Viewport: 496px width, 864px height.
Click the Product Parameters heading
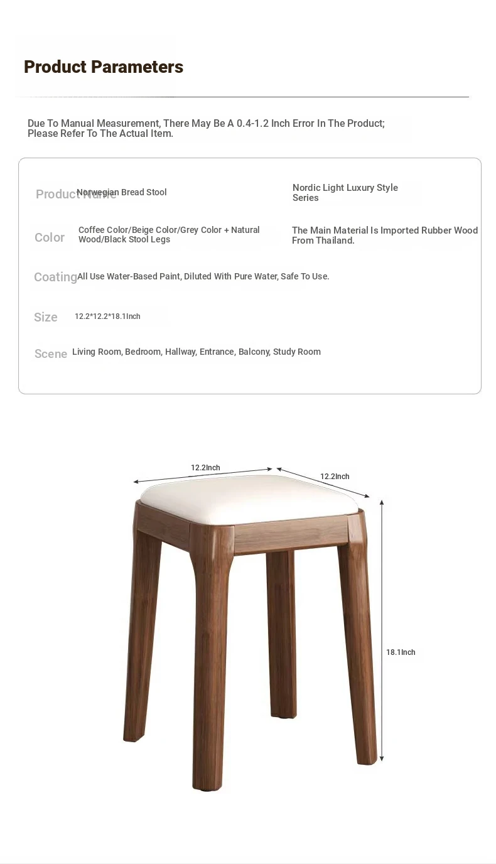click(104, 67)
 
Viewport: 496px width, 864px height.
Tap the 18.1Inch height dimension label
click(401, 652)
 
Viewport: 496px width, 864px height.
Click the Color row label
click(50, 237)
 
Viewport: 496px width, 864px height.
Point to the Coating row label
click(55, 277)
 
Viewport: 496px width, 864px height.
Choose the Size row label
click(46, 317)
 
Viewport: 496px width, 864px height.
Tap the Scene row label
click(51, 354)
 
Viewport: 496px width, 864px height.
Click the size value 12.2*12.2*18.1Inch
click(107, 316)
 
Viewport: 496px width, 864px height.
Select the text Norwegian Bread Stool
click(122, 192)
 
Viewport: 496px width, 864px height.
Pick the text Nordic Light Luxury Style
click(345, 188)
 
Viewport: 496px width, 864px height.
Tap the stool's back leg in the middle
click(281, 634)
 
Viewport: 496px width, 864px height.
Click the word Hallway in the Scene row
click(180, 352)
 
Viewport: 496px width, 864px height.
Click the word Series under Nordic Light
click(306, 198)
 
